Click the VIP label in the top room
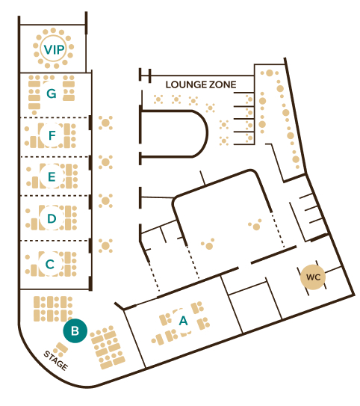(54, 49)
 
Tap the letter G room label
(52, 93)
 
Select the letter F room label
(52, 135)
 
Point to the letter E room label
(52, 176)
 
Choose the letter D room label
(52, 218)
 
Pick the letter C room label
(50, 265)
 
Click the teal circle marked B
(75, 330)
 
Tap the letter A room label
(183, 321)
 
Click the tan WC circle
(313, 277)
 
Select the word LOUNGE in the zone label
(186, 84)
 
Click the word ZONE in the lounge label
(222, 84)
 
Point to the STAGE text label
(56, 360)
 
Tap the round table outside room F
(105, 123)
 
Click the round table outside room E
(105, 162)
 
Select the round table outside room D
(105, 200)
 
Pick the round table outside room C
(105, 245)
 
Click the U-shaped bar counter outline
(207, 133)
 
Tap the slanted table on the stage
(62, 348)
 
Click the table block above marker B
(53, 309)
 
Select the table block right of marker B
(108, 347)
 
